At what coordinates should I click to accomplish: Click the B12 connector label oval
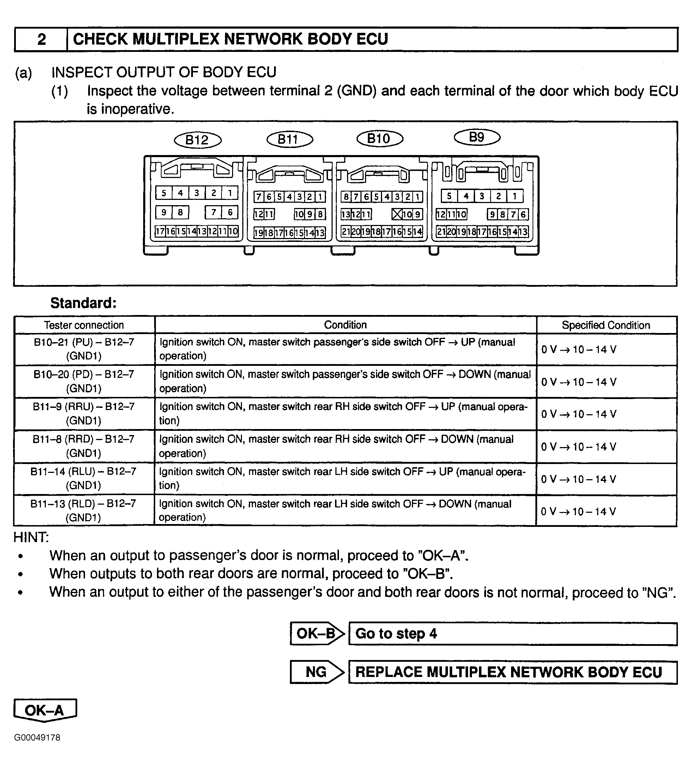coord(197,140)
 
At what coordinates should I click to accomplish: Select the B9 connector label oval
coord(477,137)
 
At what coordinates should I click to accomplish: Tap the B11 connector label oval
coord(290,139)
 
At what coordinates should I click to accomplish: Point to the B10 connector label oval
coord(379,138)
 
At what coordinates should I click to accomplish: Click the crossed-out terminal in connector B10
coord(396,215)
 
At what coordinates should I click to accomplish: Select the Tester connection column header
coord(84,325)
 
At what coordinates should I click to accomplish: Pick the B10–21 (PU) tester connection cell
coord(84,349)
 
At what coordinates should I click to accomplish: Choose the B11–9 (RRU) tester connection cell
coord(84,414)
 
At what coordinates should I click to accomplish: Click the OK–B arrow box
coord(316,634)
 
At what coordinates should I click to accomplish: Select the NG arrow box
coord(316,672)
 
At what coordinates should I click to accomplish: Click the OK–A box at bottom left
coord(45,710)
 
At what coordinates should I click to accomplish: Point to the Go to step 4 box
coord(512,634)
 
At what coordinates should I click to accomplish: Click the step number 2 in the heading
coord(41,39)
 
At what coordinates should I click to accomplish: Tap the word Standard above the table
coord(83,303)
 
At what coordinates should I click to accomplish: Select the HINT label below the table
coord(31,537)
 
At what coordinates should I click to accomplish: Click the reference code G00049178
coord(37,738)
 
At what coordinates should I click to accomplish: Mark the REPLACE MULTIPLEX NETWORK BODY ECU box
coord(512,672)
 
